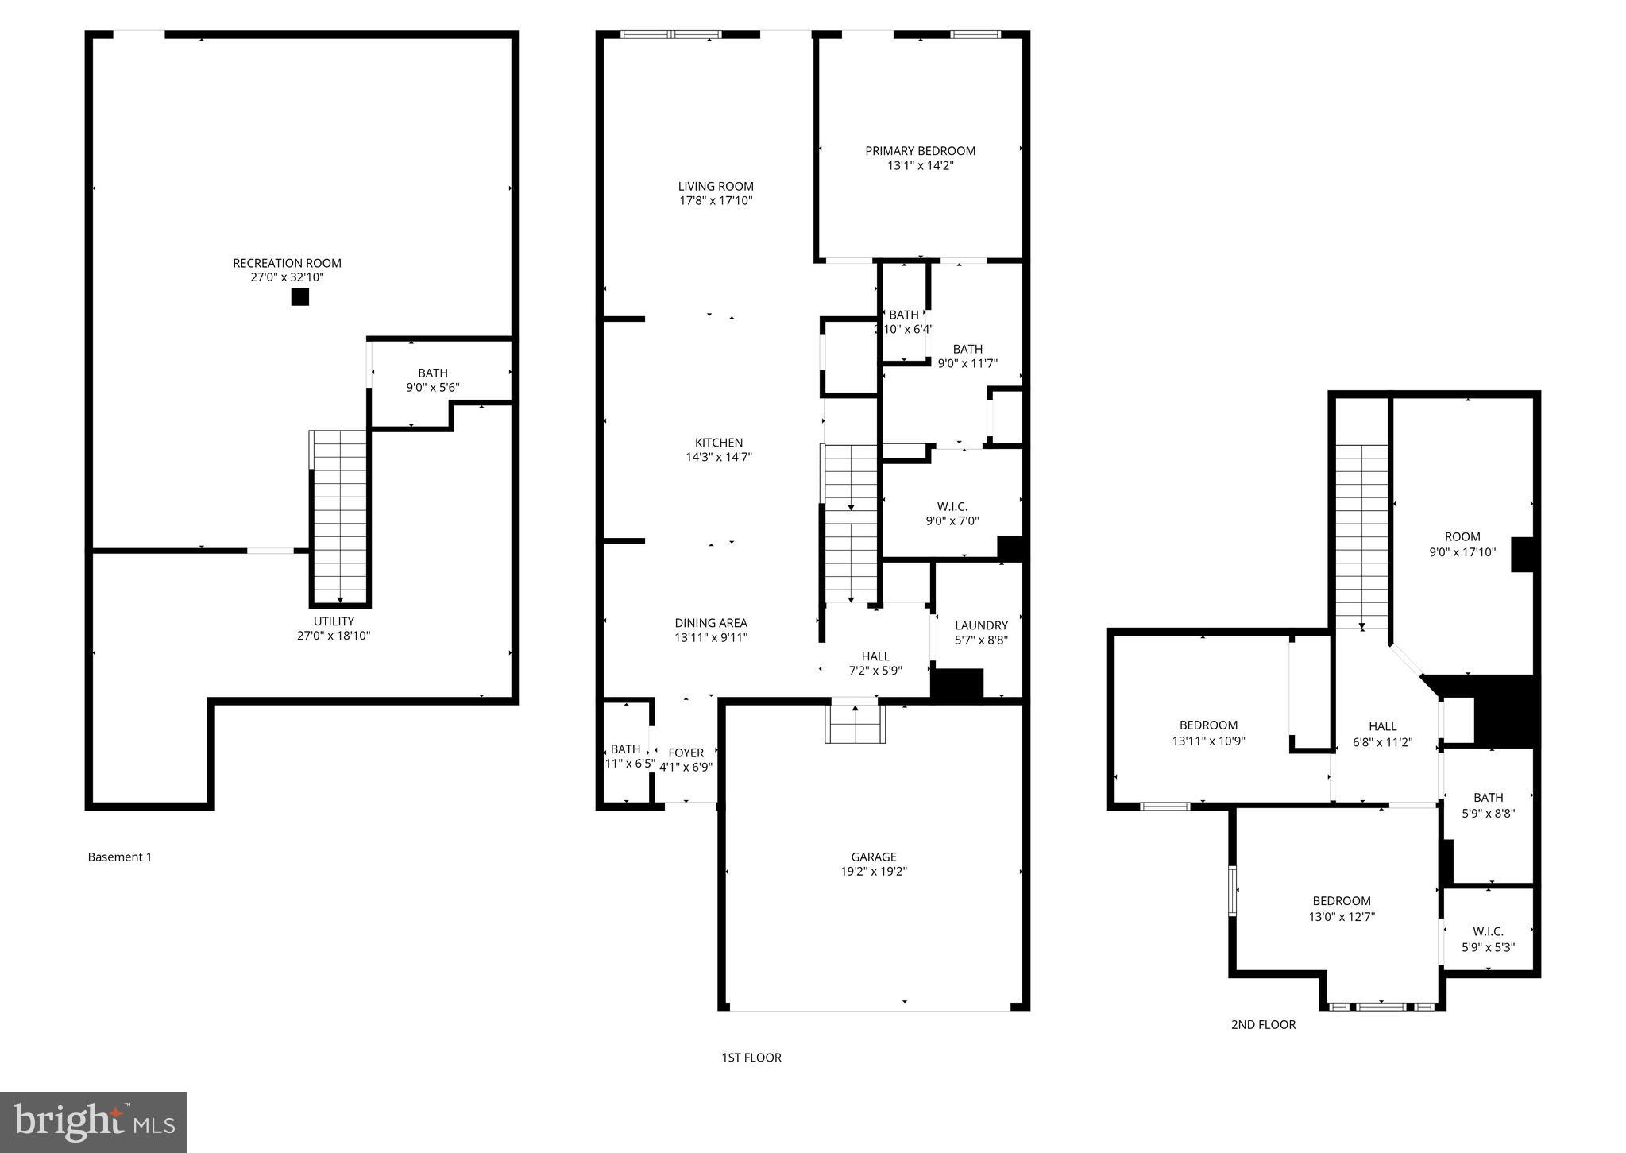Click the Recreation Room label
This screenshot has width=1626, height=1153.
click(x=287, y=263)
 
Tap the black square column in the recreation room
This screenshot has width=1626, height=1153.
click(x=299, y=297)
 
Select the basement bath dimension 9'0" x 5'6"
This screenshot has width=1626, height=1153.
click(x=432, y=388)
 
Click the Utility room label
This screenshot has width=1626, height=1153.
click(x=334, y=621)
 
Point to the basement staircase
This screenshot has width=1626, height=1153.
click(x=340, y=517)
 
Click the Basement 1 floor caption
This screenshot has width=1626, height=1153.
click(x=119, y=857)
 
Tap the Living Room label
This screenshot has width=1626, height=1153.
click(x=716, y=187)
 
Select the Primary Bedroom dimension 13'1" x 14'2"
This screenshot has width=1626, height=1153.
click(x=920, y=165)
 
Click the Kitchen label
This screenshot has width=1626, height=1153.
click(x=719, y=443)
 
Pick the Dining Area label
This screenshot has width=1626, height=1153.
click(x=711, y=623)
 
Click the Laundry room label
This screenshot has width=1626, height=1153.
click(x=981, y=625)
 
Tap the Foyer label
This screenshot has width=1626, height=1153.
click(x=686, y=753)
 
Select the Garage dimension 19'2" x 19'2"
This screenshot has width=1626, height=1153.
click(x=874, y=871)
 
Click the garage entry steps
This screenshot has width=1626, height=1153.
click(x=855, y=723)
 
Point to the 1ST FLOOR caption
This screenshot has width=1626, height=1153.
click(x=751, y=1057)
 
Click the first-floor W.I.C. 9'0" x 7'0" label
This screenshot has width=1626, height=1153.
click(x=952, y=514)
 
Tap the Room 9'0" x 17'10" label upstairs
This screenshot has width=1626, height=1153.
click(x=1462, y=544)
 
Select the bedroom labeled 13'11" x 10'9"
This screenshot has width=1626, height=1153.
click(x=1208, y=733)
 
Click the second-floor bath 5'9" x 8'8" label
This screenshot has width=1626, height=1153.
click(x=1488, y=805)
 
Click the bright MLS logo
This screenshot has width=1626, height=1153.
click(x=94, y=1122)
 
